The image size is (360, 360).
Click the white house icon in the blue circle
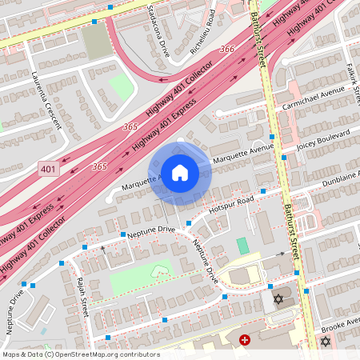point(179,173)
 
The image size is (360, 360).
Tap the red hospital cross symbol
point(245,340)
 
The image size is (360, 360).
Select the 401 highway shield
point(48,169)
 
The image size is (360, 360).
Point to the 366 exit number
point(227,50)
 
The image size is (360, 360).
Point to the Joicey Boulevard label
point(324,137)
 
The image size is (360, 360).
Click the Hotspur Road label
point(231,204)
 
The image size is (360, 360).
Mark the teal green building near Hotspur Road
point(242,246)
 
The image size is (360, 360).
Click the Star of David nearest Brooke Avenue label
point(326,342)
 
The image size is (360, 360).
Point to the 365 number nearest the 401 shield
point(99,166)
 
